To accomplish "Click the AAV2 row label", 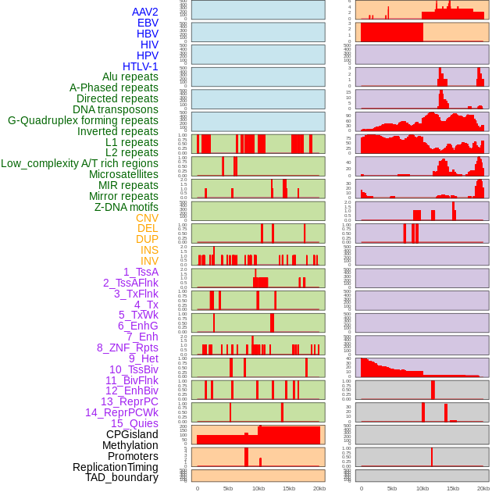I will pos(144,12).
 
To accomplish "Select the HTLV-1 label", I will pos(140,66).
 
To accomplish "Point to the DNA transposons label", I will pos(115,109).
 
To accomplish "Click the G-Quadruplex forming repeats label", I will pos(83,120).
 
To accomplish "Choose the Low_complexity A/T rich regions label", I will pos(79,163).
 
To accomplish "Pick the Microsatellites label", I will pos(123,174).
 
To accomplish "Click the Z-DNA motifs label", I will pos(126,207).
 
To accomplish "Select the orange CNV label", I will pos(147,218).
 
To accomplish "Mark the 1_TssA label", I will pos(141,272).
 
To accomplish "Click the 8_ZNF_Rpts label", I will pos(127,348).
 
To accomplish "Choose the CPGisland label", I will pos(132,434).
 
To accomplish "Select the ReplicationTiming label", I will pos(115,467).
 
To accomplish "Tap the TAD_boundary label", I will pos(121,477).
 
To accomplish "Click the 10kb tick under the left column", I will pos(258,488).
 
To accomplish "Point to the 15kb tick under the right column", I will pos(453,488).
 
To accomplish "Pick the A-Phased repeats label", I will pos(113,87).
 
